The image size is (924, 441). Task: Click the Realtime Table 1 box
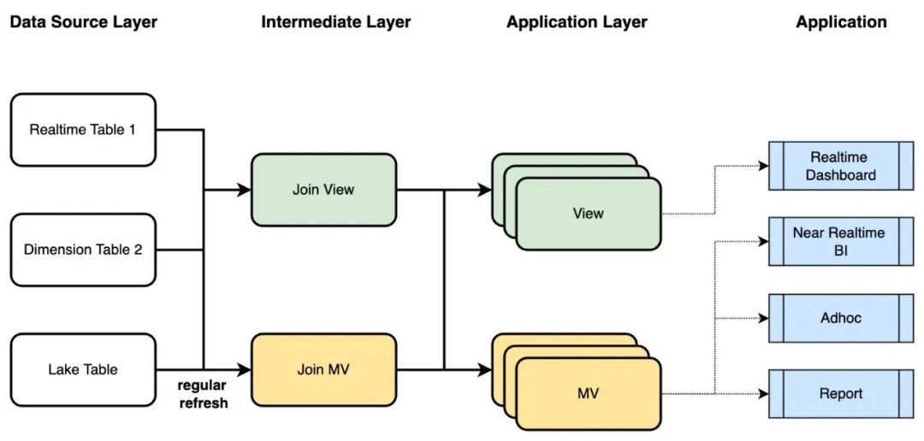(83, 130)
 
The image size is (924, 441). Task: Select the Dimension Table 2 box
(83, 250)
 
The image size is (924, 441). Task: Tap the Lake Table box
(83, 370)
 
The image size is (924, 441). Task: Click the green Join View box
(323, 191)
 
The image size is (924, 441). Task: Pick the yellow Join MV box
(323, 370)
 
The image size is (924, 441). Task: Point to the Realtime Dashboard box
(841, 166)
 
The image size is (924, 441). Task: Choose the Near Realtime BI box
(841, 241)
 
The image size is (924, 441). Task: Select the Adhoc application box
(841, 318)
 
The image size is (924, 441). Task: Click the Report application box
(841, 393)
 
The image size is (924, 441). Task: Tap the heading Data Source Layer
(84, 22)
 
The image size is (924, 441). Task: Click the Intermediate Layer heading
(336, 22)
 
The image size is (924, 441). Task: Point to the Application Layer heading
(577, 22)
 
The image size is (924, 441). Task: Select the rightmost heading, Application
(841, 22)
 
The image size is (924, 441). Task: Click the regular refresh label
(203, 395)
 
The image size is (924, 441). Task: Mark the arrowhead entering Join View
(245, 191)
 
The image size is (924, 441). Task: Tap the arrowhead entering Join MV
(245, 370)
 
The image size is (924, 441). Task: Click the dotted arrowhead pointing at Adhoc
(763, 318)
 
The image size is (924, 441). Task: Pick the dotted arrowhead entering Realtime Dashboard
(763, 166)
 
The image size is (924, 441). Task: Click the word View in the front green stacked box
(588, 213)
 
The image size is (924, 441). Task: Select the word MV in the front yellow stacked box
(588, 393)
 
